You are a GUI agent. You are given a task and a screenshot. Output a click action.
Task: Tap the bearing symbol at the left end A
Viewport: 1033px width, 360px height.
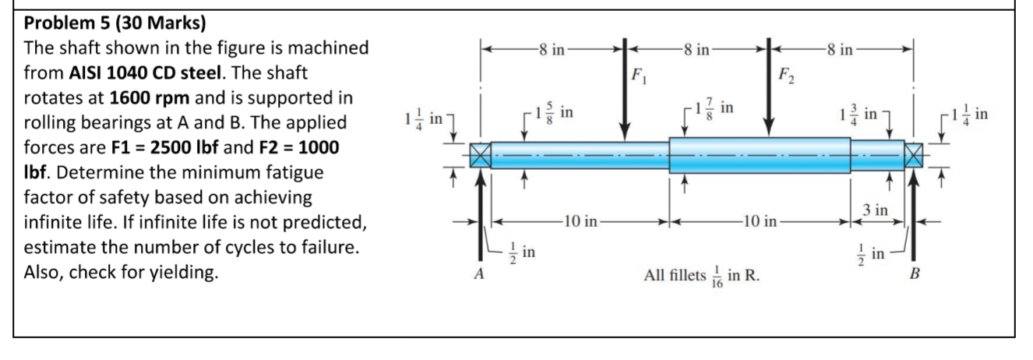click(x=480, y=154)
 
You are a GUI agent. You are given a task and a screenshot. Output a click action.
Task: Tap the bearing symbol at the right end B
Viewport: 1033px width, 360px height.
click(x=914, y=154)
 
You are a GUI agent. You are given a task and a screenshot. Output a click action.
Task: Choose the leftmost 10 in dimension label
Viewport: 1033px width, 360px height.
click(x=580, y=221)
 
